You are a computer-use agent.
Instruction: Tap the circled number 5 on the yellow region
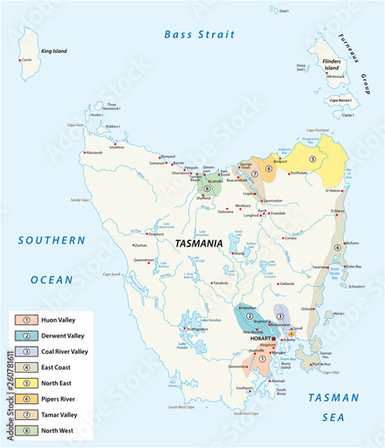(x=312, y=159)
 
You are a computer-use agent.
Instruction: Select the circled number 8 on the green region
(x=208, y=189)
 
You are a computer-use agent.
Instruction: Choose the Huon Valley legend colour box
(x=28, y=319)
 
